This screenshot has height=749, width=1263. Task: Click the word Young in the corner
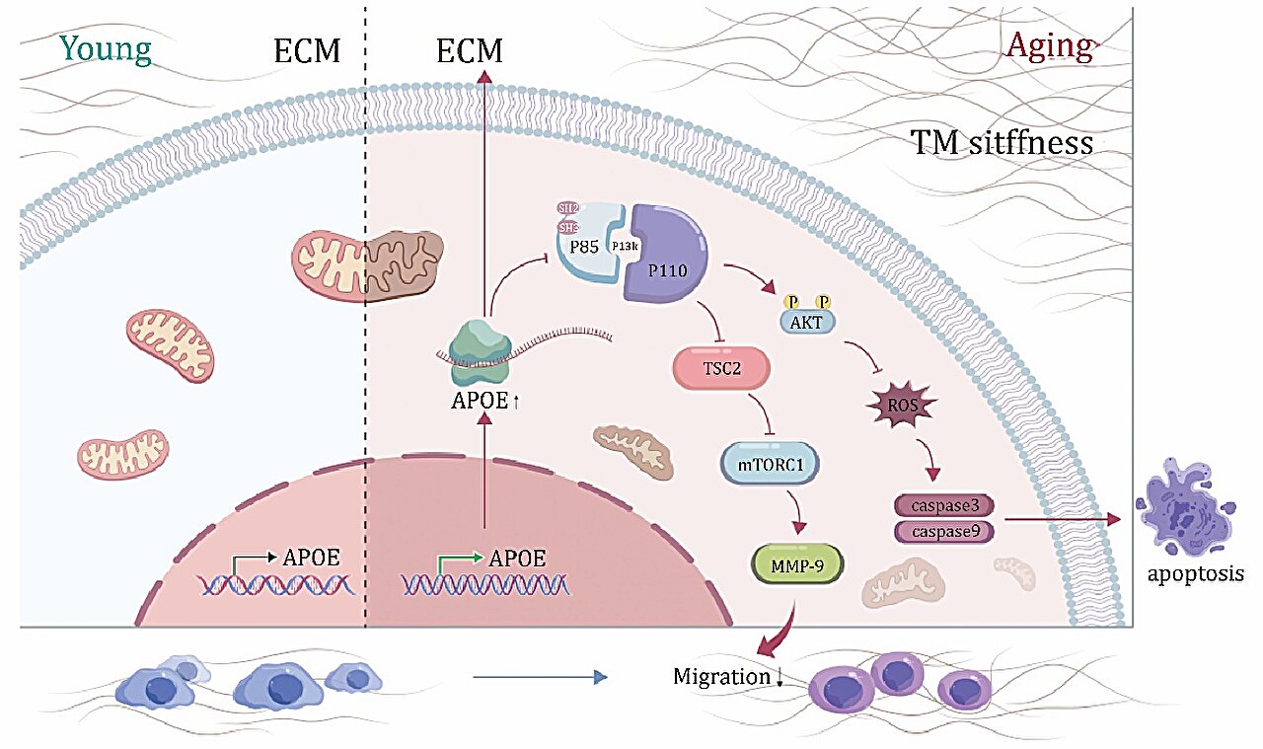point(106,48)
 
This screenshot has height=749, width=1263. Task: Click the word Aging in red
point(1049,46)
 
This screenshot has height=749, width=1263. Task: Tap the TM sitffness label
point(1002,144)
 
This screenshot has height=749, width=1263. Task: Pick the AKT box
point(806,321)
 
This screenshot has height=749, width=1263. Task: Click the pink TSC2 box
point(720,367)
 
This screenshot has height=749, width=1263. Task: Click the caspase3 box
point(944,505)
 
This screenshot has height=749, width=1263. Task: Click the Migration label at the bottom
point(720,677)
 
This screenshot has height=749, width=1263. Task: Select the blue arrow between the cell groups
point(538,677)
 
